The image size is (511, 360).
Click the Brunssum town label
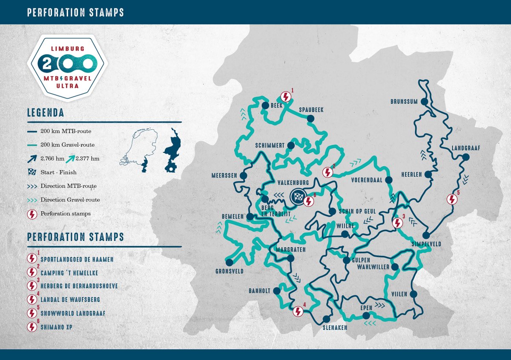click(405, 102)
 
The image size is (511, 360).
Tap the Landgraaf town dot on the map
click(465, 157)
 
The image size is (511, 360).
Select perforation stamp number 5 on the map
click(452, 199)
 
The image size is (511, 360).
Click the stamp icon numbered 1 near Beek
click(286, 97)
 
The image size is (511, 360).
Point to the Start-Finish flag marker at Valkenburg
click(298, 197)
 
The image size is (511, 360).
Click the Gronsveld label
click(230, 271)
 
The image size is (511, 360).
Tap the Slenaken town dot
click(327, 319)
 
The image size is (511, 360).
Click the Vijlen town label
click(399, 294)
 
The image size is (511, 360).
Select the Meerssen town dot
click(244, 175)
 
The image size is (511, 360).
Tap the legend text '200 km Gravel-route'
click(67, 145)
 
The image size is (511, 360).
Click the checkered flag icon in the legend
click(32, 172)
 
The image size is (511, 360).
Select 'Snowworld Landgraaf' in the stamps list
click(73, 313)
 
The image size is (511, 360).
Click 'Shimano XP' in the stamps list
click(57, 327)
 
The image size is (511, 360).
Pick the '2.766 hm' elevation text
click(52, 159)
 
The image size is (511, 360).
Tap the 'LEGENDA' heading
click(45, 113)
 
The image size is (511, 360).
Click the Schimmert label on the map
click(270, 146)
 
